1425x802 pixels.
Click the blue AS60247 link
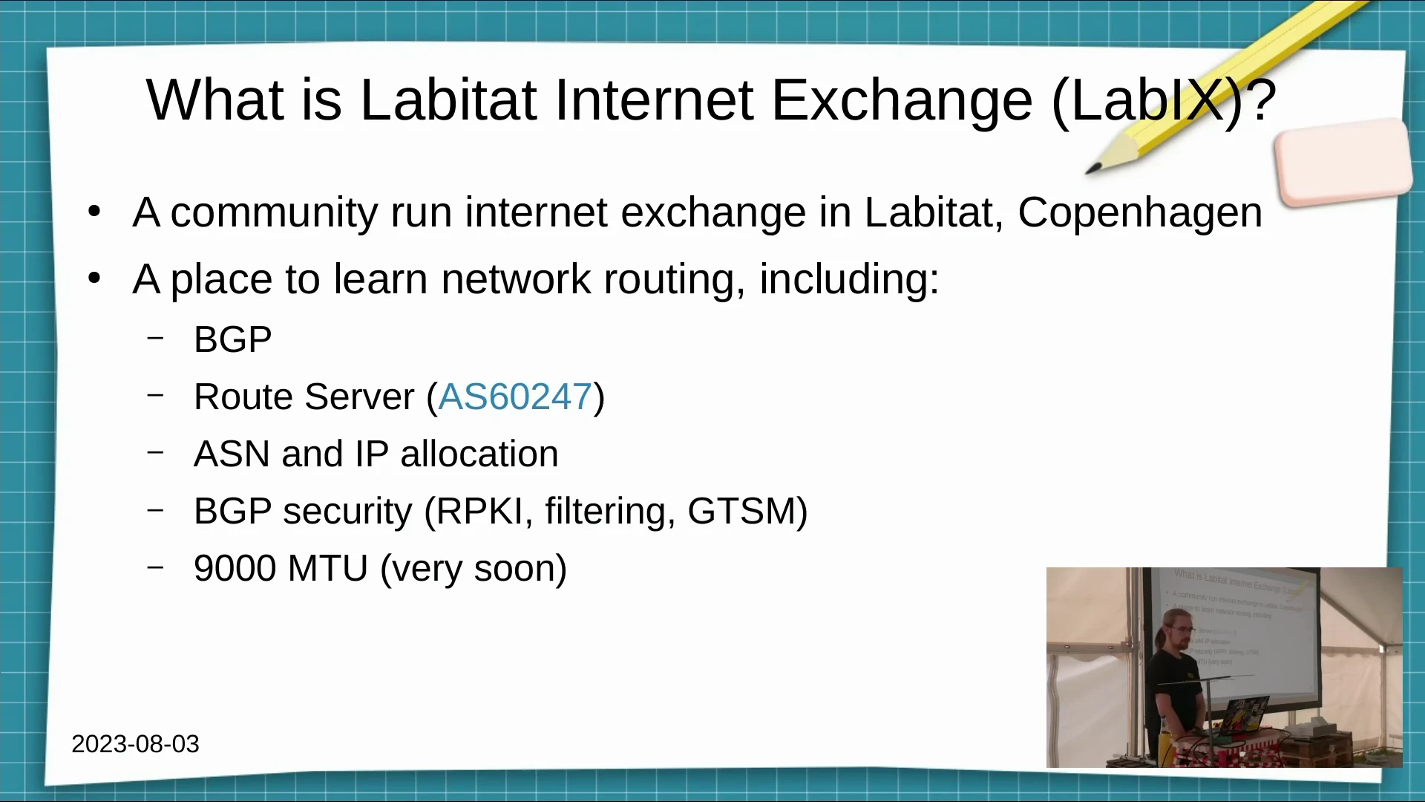tap(515, 397)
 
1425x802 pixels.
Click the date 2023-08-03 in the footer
tap(136, 744)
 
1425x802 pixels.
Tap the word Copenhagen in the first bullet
tap(1140, 214)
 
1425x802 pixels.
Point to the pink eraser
tap(1343, 162)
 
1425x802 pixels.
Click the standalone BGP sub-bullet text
tap(233, 340)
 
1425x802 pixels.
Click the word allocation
tap(479, 454)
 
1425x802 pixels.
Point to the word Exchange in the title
tap(902, 102)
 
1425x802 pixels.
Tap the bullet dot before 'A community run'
tap(94, 212)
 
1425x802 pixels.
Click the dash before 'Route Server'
tap(155, 394)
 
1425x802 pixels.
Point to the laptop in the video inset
tap(1243, 716)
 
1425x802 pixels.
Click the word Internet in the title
tap(654, 101)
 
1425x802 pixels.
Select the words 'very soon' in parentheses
tap(473, 569)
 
